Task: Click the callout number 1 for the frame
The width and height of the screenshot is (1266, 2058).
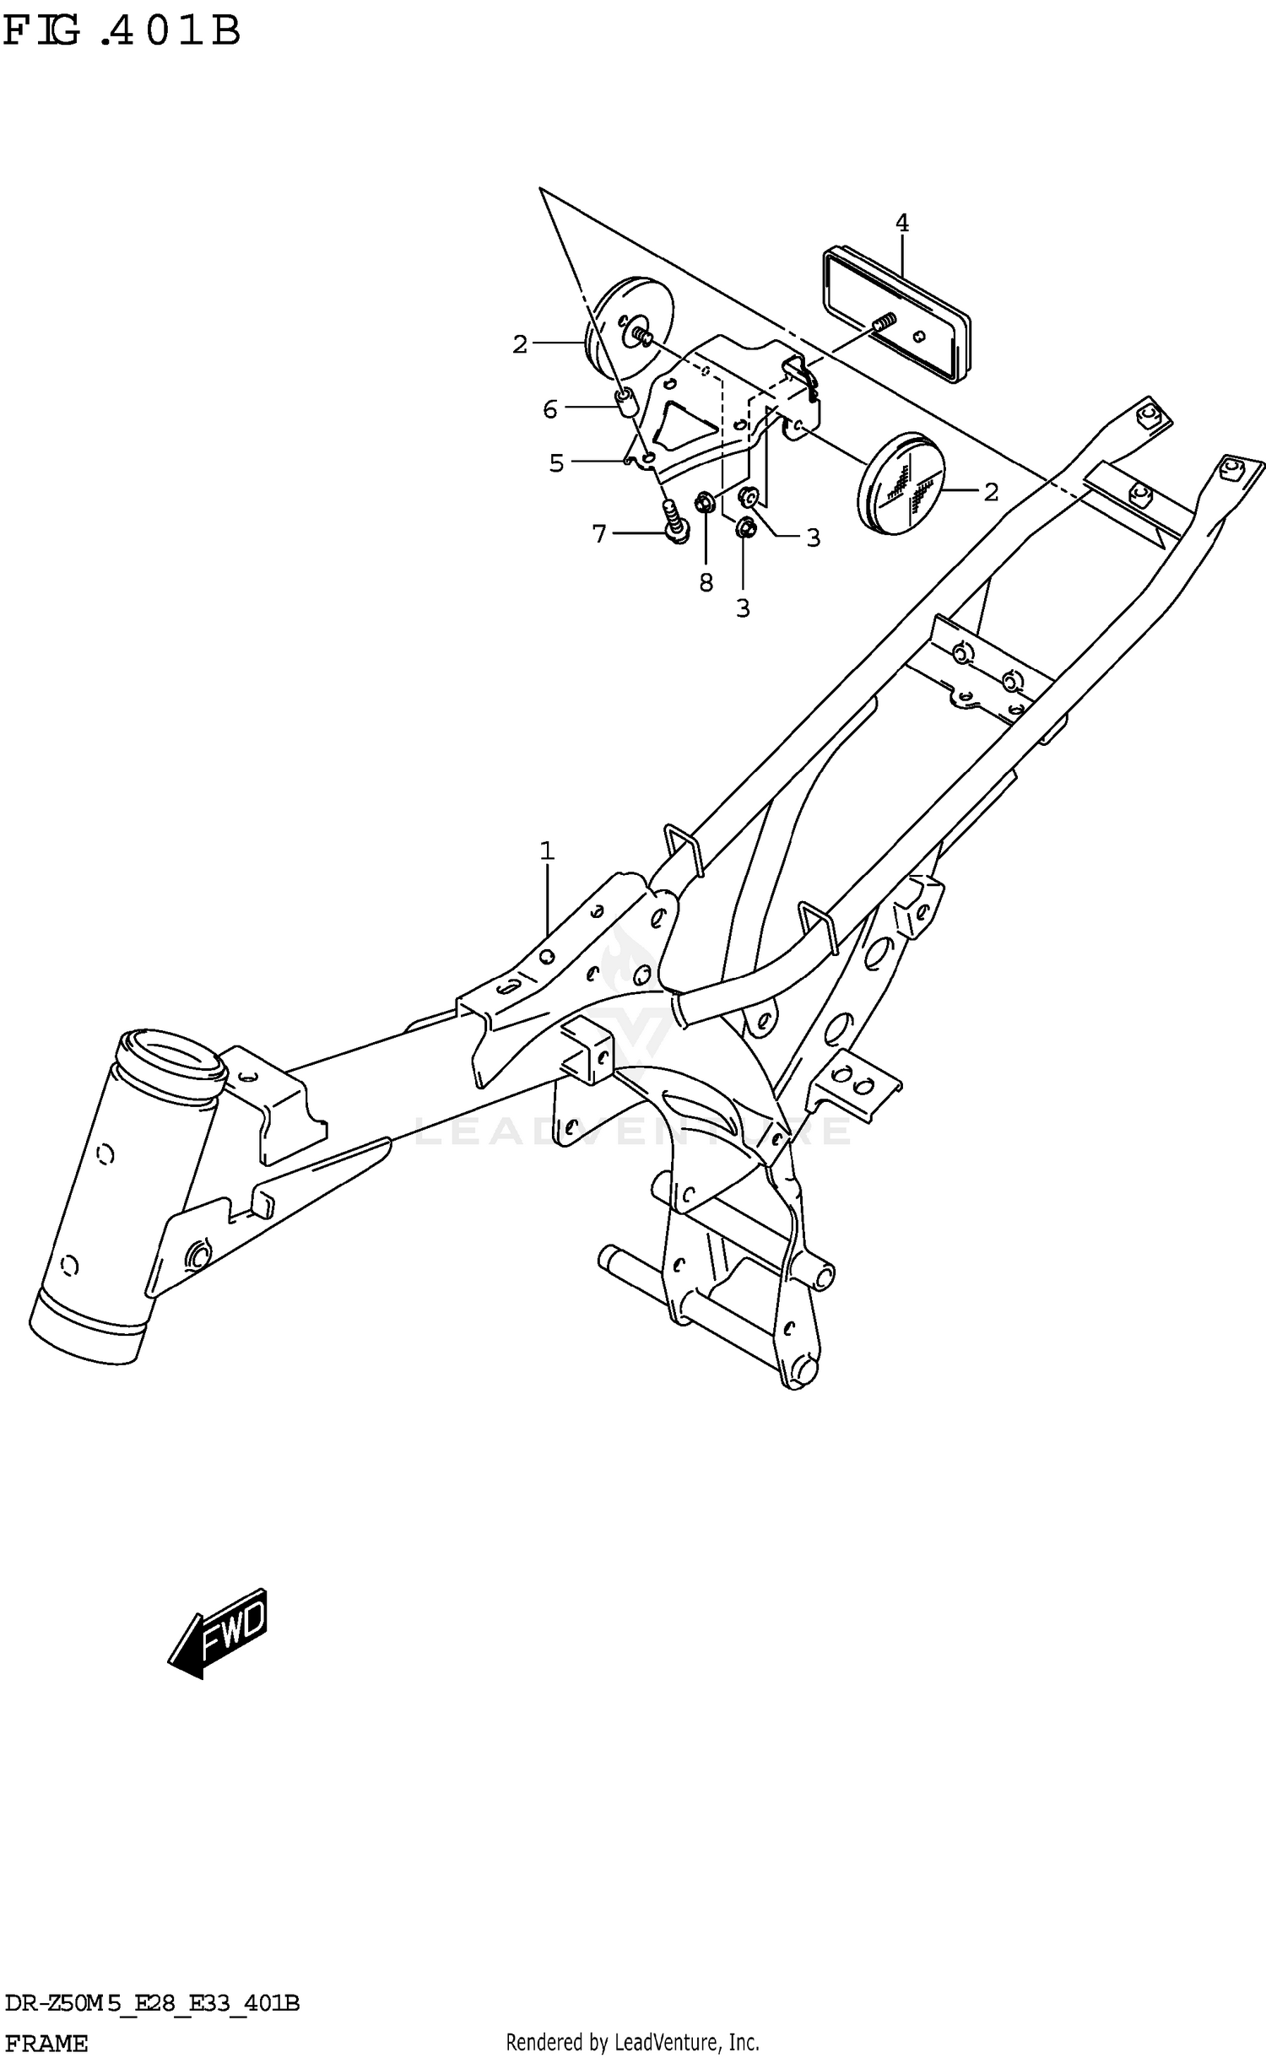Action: pyautogui.click(x=547, y=851)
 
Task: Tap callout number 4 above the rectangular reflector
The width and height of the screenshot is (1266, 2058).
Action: pyautogui.click(x=902, y=224)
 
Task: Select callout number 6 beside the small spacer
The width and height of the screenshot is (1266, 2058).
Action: pyautogui.click(x=550, y=410)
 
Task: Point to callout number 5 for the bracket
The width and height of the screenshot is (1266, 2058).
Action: pyautogui.click(x=556, y=463)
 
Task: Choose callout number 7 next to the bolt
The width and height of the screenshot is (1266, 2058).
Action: pyautogui.click(x=599, y=534)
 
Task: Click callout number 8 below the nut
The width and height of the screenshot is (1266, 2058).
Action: pyautogui.click(x=706, y=583)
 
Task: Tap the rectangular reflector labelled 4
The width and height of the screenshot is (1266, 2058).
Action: pyautogui.click(x=895, y=313)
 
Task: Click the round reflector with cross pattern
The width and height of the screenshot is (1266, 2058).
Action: pyautogui.click(x=901, y=483)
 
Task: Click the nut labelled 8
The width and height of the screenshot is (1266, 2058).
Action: pyautogui.click(x=704, y=505)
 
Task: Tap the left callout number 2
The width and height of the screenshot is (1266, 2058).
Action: pyautogui.click(x=520, y=344)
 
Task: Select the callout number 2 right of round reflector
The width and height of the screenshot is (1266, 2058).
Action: pyautogui.click(x=991, y=492)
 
